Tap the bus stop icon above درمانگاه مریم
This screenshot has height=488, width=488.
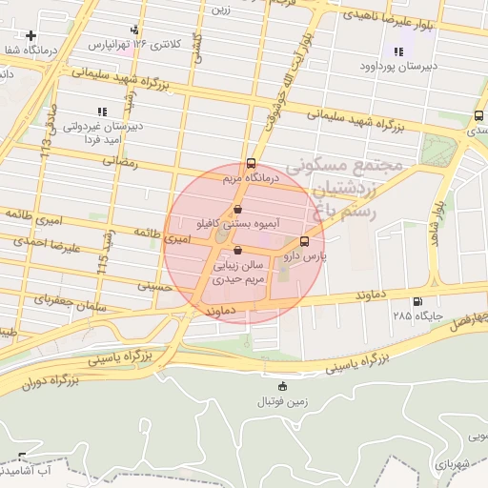[x=251, y=163]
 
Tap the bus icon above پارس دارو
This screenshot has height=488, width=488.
[x=304, y=242]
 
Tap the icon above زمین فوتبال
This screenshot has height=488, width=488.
[x=281, y=386]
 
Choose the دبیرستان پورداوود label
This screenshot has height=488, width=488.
[x=398, y=66]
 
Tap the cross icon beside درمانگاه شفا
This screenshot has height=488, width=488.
[x=31, y=35]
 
